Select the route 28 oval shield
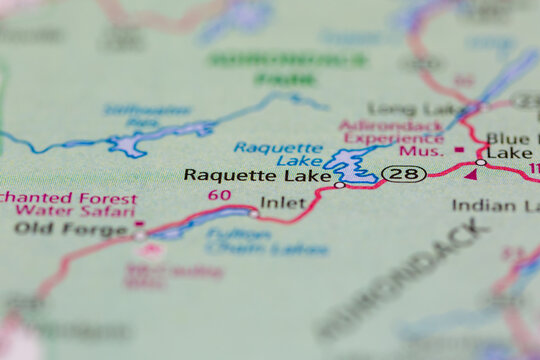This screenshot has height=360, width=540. click(404, 174)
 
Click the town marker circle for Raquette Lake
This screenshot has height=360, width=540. click(340, 185)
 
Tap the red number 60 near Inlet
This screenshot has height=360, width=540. click(220, 194)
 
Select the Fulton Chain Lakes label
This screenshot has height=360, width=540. click(266, 240)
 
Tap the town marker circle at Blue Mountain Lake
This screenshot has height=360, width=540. click(481, 162)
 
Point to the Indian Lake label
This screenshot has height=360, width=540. click(496, 205)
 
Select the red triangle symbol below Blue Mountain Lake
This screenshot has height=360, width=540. click(470, 173)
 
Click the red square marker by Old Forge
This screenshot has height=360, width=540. click(140, 224)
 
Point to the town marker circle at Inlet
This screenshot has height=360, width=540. click(253, 212)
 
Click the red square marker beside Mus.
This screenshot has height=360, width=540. click(459, 150)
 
